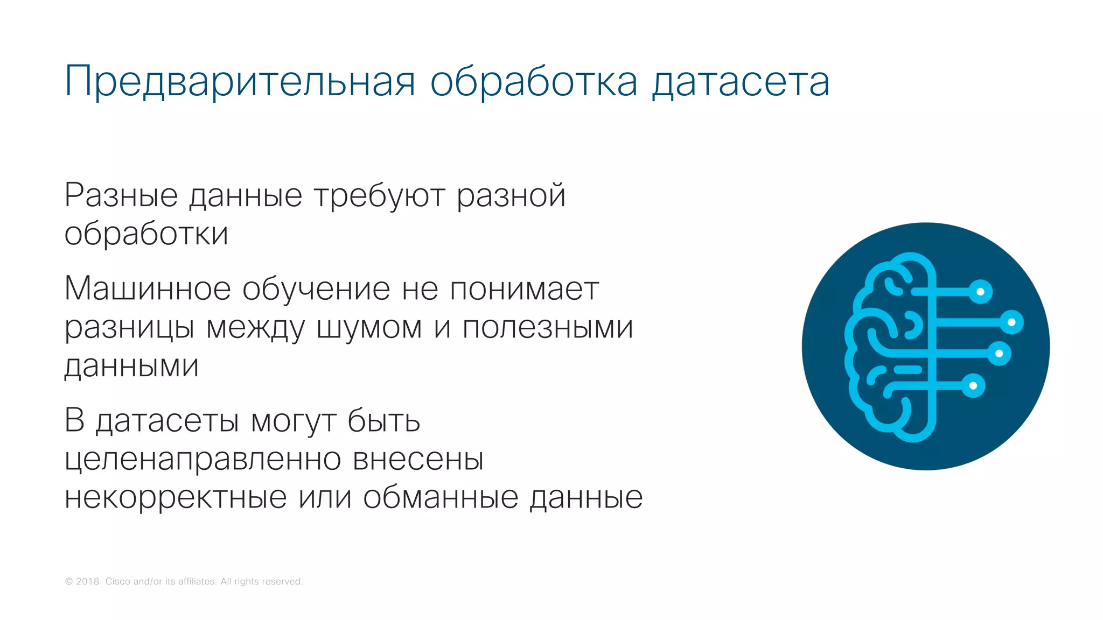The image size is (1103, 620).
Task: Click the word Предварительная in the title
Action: click(x=240, y=82)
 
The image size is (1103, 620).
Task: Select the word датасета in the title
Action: click(x=741, y=82)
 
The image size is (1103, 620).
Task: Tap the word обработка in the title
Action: click(x=533, y=82)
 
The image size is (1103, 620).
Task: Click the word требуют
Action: click(x=379, y=196)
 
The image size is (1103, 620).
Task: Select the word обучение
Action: click(x=316, y=290)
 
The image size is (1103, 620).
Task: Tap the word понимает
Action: click(x=524, y=289)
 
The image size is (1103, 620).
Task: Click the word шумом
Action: click(x=369, y=327)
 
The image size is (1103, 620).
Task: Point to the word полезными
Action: click(x=548, y=327)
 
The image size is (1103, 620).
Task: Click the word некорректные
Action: click(x=176, y=497)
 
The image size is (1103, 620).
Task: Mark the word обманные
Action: click(x=441, y=497)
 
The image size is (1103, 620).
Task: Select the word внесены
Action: click(x=418, y=460)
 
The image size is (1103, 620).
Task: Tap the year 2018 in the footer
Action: click(x=88, y=581)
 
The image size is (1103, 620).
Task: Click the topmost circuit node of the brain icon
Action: click(x=980, y=292)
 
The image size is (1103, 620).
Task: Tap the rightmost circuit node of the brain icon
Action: click(x=1011, y=322)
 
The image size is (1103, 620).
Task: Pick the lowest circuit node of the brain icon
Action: click(x=973, y=385)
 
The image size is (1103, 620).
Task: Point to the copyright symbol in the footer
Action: click(x=69, y=581)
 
